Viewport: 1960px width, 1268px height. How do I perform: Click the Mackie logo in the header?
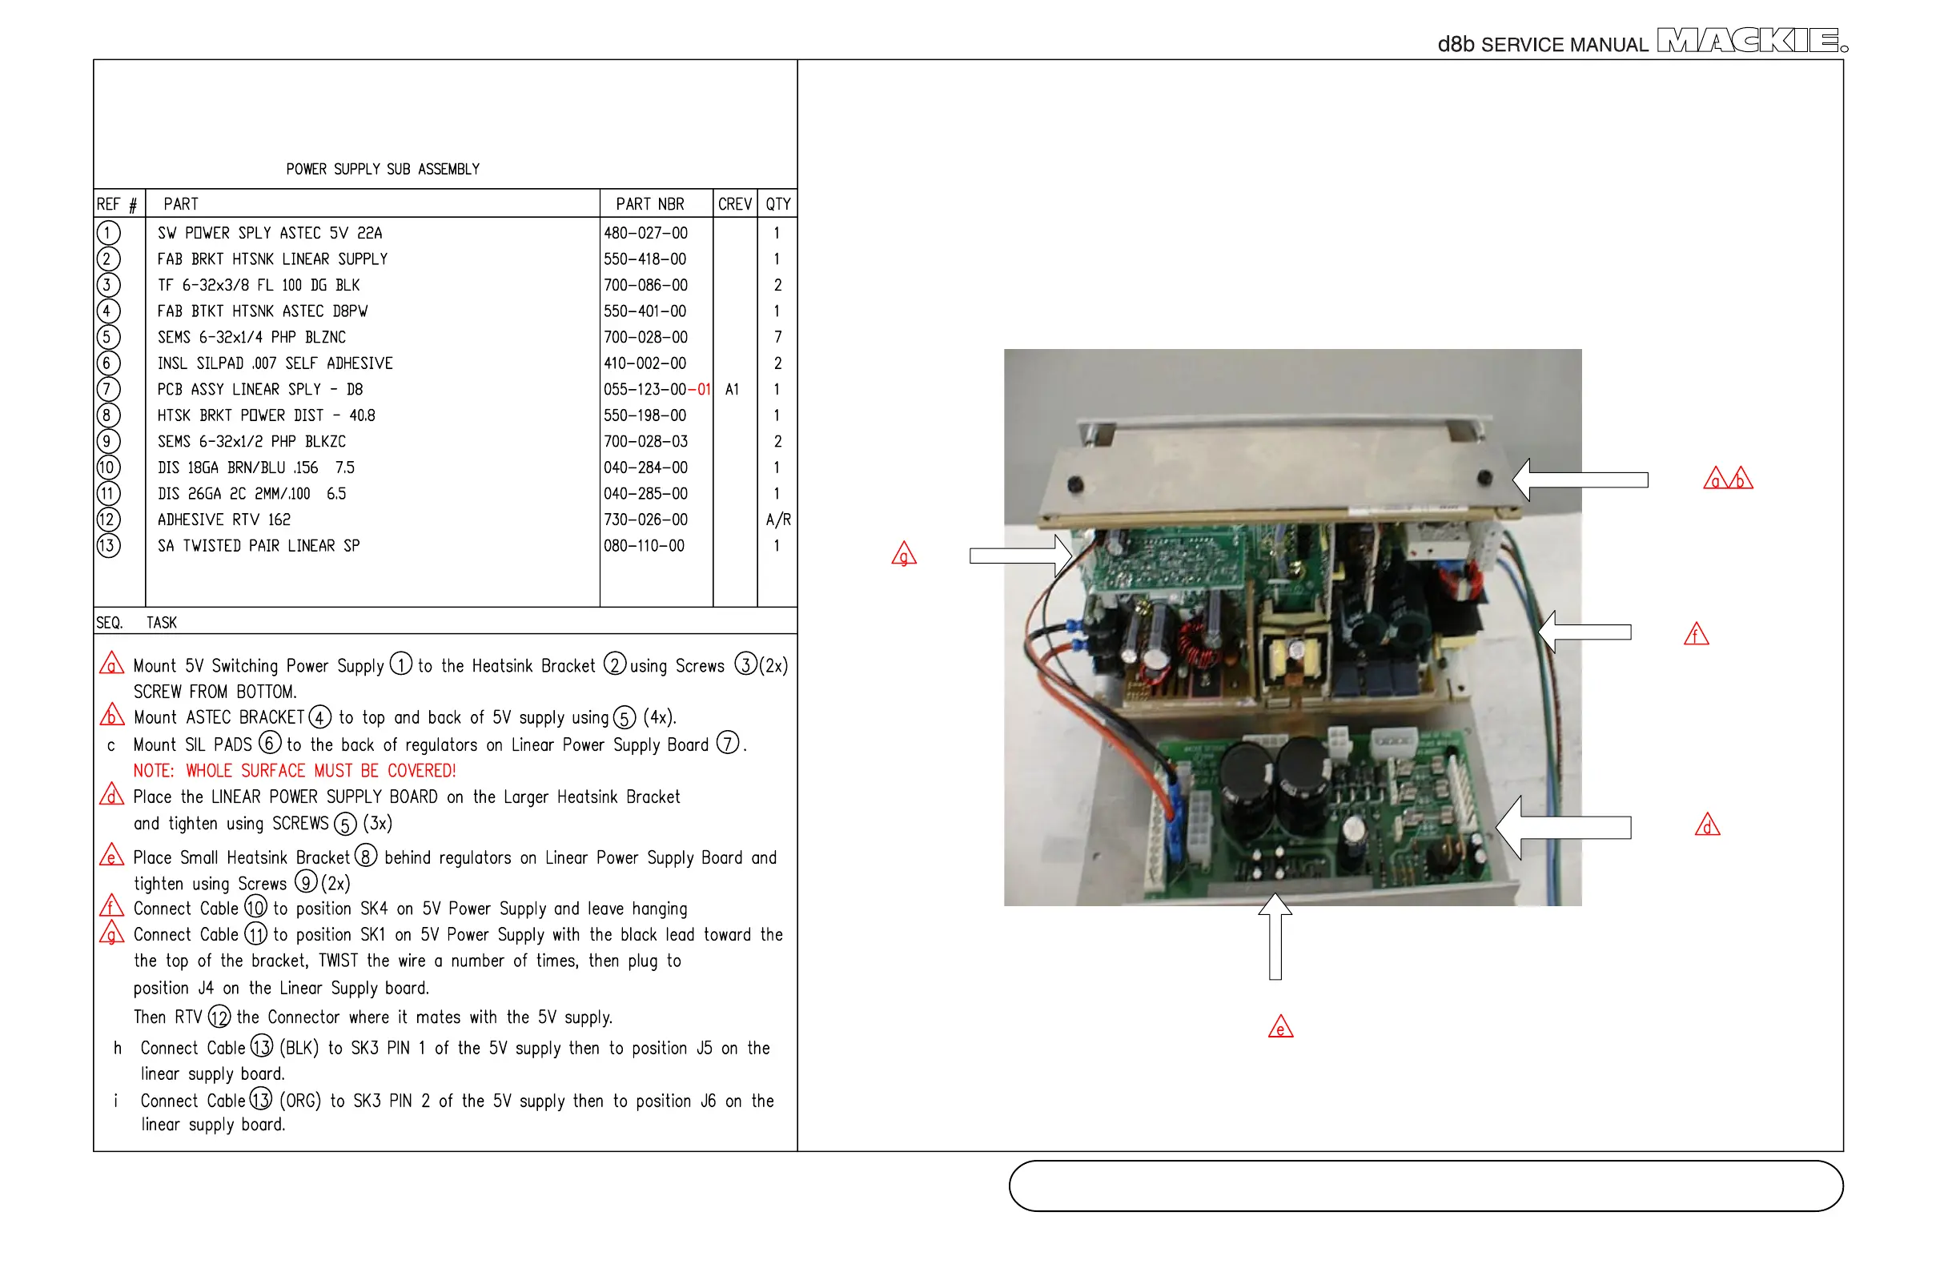(x=1750, y=40)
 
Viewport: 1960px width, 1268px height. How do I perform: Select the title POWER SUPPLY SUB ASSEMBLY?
(x=383, y=170)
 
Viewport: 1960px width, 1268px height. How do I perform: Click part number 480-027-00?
(x=645, y=233)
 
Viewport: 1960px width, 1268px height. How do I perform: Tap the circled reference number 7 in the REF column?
(x=108, y=390)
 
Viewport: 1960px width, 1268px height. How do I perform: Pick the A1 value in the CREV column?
(x=732, y=390)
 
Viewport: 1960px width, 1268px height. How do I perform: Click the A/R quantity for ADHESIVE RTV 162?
(x=777, y=520)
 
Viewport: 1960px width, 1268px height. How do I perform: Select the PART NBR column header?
(x=650, y=204)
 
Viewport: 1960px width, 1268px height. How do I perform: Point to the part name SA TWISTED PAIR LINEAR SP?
(x=259, y=546)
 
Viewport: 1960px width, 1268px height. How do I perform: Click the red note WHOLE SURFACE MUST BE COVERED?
(x=295, y=771)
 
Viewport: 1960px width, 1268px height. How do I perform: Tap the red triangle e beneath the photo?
(x=1280, y=1028)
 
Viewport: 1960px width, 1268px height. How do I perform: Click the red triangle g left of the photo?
(x=904, y=555)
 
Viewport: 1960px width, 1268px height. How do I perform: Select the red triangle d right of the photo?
(x=1707, y=825)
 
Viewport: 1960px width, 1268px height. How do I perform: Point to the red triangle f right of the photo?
(x=1697, y=635)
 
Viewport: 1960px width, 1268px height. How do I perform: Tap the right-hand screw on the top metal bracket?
(x=1485, y=477)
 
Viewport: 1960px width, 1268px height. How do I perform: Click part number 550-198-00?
(x=645, y=415)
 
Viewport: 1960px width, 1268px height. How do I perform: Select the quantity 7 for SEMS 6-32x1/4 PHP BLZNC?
(x=777, y=338)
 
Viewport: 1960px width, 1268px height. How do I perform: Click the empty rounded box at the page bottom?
(x=1425, y=1186)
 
